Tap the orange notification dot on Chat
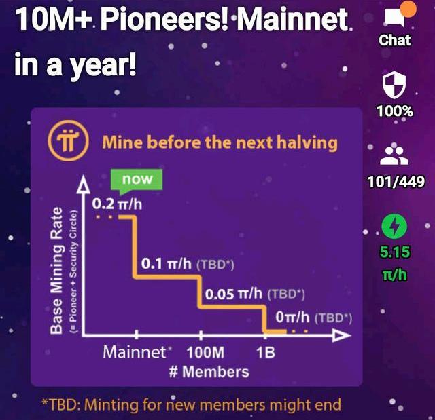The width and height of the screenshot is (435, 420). (x=408, y=9)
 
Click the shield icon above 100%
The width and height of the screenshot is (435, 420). (x=394, y=85)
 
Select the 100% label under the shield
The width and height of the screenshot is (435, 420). (x=395, y=111)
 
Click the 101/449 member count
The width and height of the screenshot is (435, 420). (x=396, y=182)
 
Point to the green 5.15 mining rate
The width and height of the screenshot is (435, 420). (x=394, y=252)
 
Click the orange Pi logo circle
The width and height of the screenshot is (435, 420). (x=68, y=140)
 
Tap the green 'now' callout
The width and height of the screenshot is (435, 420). (x=137, y=181)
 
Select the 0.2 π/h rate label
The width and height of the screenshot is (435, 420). (x=117, y=204)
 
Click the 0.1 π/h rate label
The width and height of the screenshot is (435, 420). (x=166, y=263)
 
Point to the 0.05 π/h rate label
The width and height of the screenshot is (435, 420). (x=234, y=294)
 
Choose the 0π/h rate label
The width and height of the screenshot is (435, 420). (x=292, y=318)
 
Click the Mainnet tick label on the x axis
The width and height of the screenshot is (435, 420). (x=135, y=352)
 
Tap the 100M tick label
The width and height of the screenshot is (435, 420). (x=205, y=353)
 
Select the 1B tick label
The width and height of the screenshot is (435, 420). (x=266, y=353)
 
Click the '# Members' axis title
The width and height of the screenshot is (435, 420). (x=209, y=372)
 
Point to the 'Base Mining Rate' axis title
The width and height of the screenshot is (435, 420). (x=56, y=270)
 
